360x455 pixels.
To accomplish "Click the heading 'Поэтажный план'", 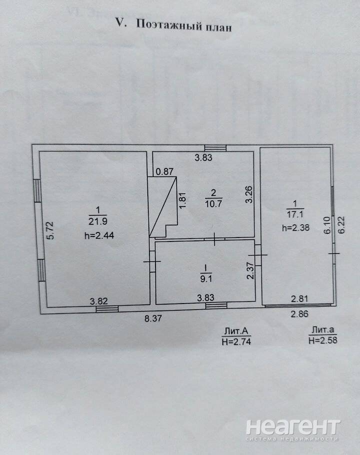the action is pos(184,25).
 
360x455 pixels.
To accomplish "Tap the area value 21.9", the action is pos(98,221).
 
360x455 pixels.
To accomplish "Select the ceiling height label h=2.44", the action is pos(99,235).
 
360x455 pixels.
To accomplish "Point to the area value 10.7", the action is pos(213,203).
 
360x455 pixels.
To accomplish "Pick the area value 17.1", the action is pos(295,214).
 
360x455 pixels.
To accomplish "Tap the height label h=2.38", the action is pos(295,228).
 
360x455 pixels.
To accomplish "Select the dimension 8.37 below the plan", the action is pos(153,318).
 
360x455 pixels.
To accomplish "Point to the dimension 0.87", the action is pos(164,171).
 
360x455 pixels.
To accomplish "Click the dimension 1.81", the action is pos(182,200).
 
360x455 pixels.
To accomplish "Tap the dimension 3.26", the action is pos(249,194).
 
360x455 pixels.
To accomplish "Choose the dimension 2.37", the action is pos(250,270).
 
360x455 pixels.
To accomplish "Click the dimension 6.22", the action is pos(341,225).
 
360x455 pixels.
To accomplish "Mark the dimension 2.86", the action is pos(299,313).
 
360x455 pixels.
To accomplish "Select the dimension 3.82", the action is pos(98,301).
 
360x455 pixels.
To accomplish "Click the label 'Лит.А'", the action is pos(236,331).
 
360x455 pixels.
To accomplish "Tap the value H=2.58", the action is pos(323,340).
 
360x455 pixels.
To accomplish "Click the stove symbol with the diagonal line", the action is pos(162,206).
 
